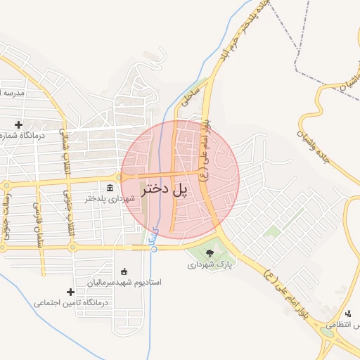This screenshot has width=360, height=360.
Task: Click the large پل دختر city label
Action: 166,189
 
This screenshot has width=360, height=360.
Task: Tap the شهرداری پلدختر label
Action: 109,199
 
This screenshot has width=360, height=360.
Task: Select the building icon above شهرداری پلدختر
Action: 110,187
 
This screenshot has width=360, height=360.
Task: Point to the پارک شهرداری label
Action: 209,265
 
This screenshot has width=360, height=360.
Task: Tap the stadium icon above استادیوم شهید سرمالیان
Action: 124,271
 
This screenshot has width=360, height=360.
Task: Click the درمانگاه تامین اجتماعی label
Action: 70,303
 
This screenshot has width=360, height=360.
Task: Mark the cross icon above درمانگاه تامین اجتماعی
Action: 70,292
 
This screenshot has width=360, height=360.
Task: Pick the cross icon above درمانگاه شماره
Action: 18,124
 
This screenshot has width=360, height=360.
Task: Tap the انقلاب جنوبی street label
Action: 68,214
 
